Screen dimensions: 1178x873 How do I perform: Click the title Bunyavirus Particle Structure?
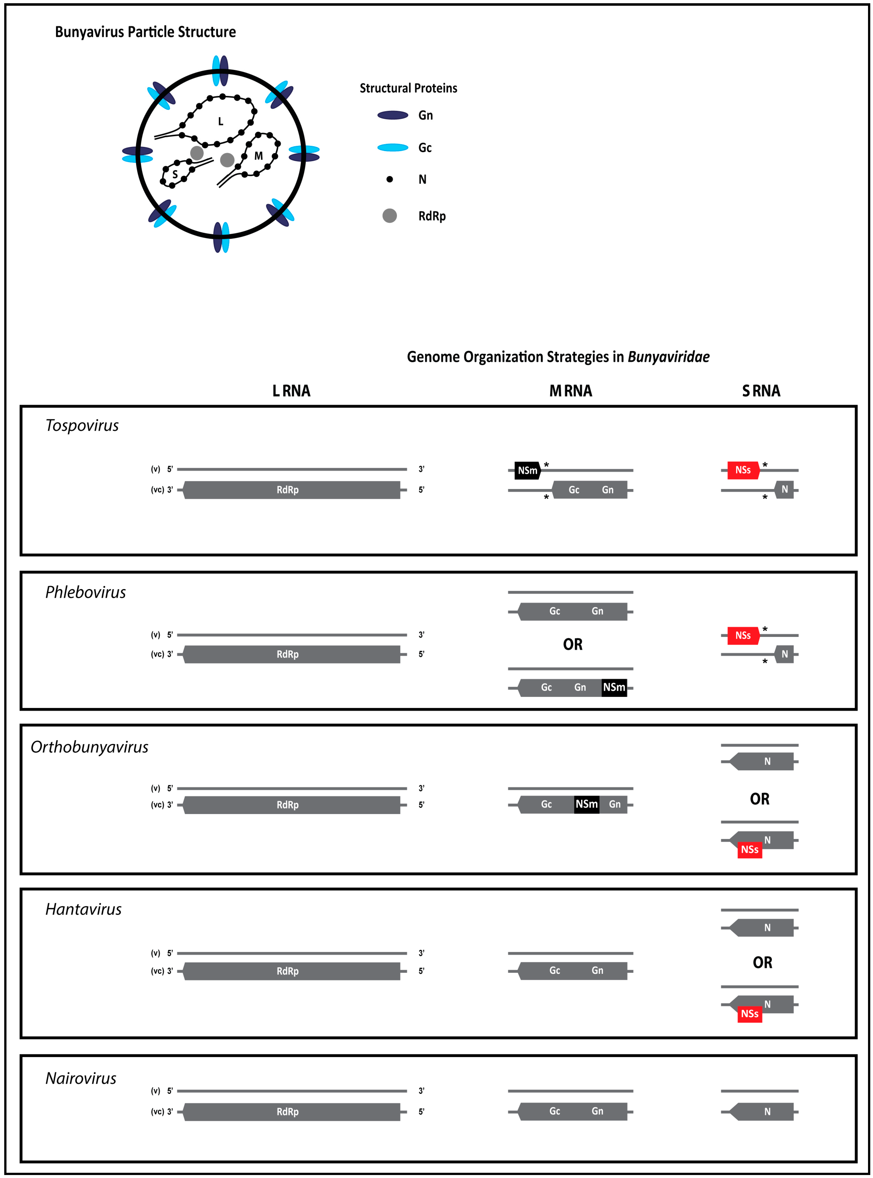[x=145, y=32]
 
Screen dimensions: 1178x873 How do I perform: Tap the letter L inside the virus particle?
[x=221, y=122]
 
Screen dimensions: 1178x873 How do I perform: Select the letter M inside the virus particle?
[x=258, y=156]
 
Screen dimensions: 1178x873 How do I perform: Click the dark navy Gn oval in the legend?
[x=393, y=115]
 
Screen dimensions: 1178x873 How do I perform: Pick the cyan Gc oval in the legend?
[x=393, y=147]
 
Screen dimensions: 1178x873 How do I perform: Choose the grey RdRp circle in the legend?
[x=389, y=216]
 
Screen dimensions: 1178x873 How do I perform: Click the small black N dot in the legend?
[x=389, y=179]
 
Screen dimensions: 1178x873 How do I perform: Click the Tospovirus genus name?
[x=82, y=426]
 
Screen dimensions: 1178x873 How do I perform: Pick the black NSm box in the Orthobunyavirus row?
[x=587, y=804]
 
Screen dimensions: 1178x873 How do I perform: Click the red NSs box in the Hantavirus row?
[x=749, y=1014]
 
